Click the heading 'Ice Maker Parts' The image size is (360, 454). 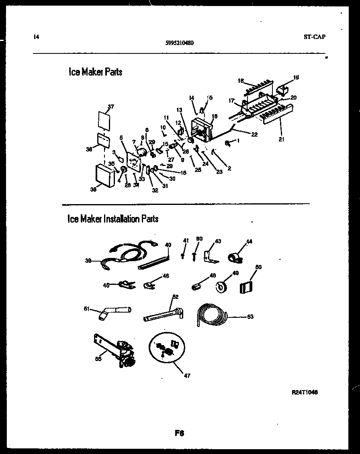coord(95,72)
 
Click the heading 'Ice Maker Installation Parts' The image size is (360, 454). coord(113,219)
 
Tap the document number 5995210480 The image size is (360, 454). coord(180,43)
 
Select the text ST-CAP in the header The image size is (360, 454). coord(315,37)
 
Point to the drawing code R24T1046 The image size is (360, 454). coord(305,392)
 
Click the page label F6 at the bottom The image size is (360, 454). coord(179,434)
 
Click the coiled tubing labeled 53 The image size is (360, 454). coord(212,315)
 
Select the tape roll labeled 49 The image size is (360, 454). coord(221,286)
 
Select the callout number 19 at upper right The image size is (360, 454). coord(296,77)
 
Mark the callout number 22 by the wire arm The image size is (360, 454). coord(254,135)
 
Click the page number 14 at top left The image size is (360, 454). coord(36,37)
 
